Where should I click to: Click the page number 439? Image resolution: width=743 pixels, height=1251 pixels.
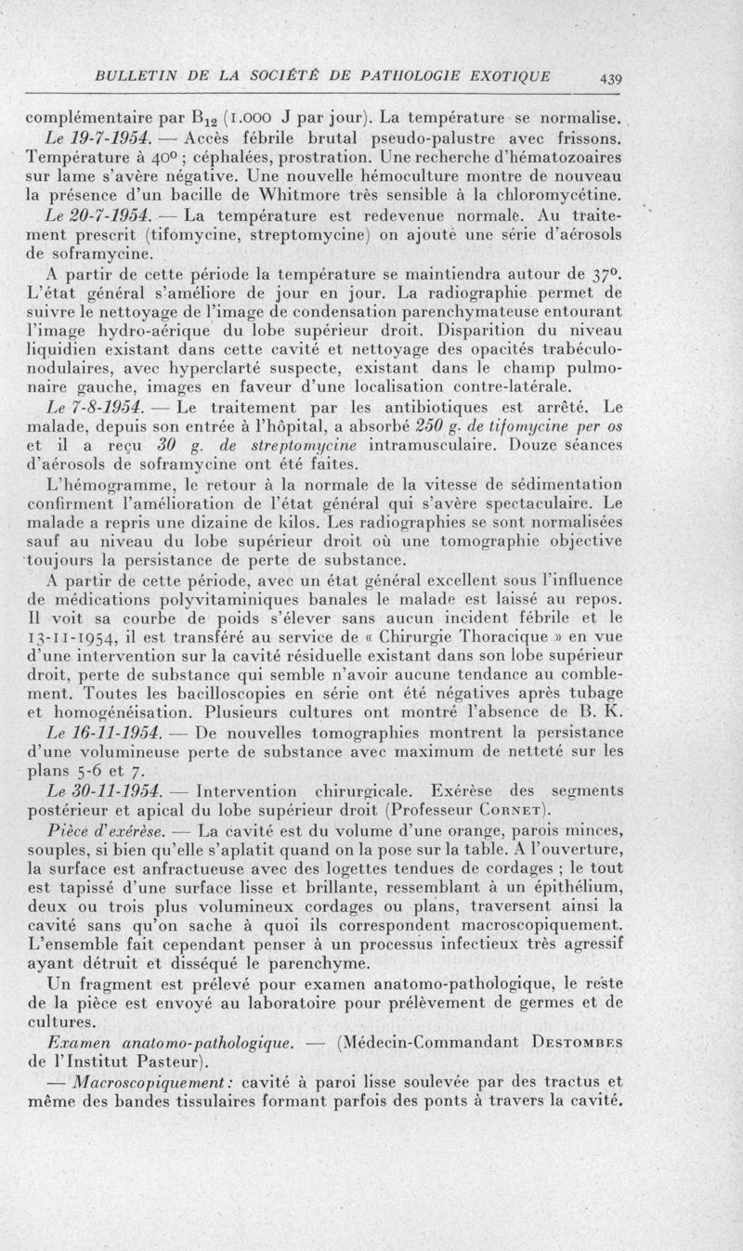pos(610,79)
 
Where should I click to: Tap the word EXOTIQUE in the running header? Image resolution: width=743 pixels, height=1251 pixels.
pos(502,75)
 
